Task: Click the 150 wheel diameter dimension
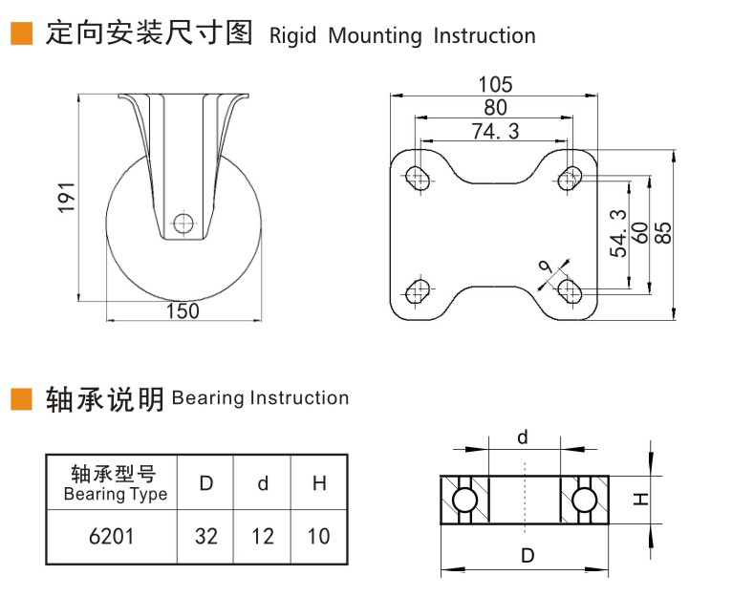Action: (x=183, y=310)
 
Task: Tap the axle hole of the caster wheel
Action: (x=183, y=224)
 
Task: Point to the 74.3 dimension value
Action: (x=495, y=132)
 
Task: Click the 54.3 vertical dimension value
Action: (x=617, y=233)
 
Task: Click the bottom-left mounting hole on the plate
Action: (x=418, y=289)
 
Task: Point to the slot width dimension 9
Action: (x=546, y=271)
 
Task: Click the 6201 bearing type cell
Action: (x=111, y=536)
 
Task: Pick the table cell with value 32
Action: (x=206, y=536)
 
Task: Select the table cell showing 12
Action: (x=263, y=536)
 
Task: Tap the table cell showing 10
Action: (x=318, y=536)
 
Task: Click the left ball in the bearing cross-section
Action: (x=465, y=500)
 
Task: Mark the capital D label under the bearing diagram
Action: (x=525, y=556)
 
